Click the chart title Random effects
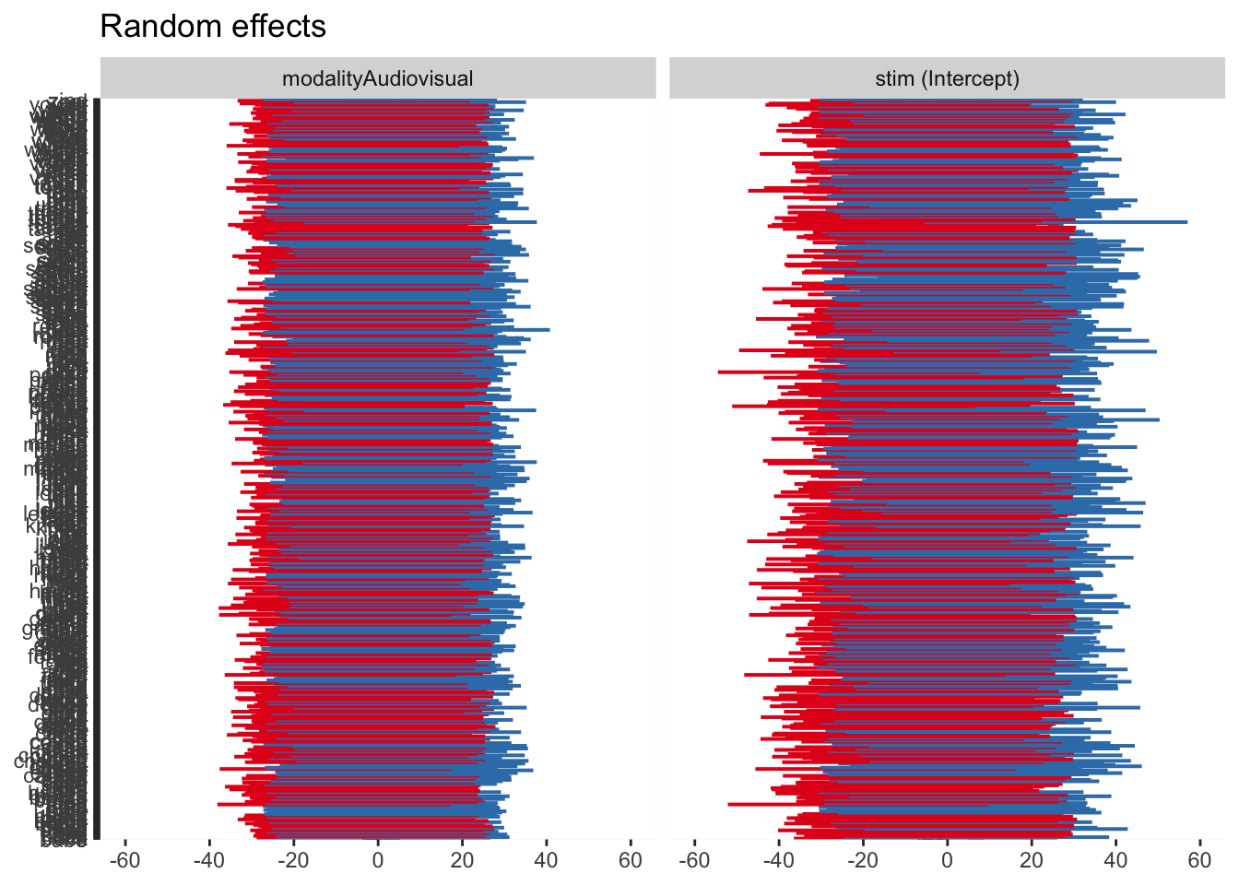212,27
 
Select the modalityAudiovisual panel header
378,78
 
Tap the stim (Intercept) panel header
947,78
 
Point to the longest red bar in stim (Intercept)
737,372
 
